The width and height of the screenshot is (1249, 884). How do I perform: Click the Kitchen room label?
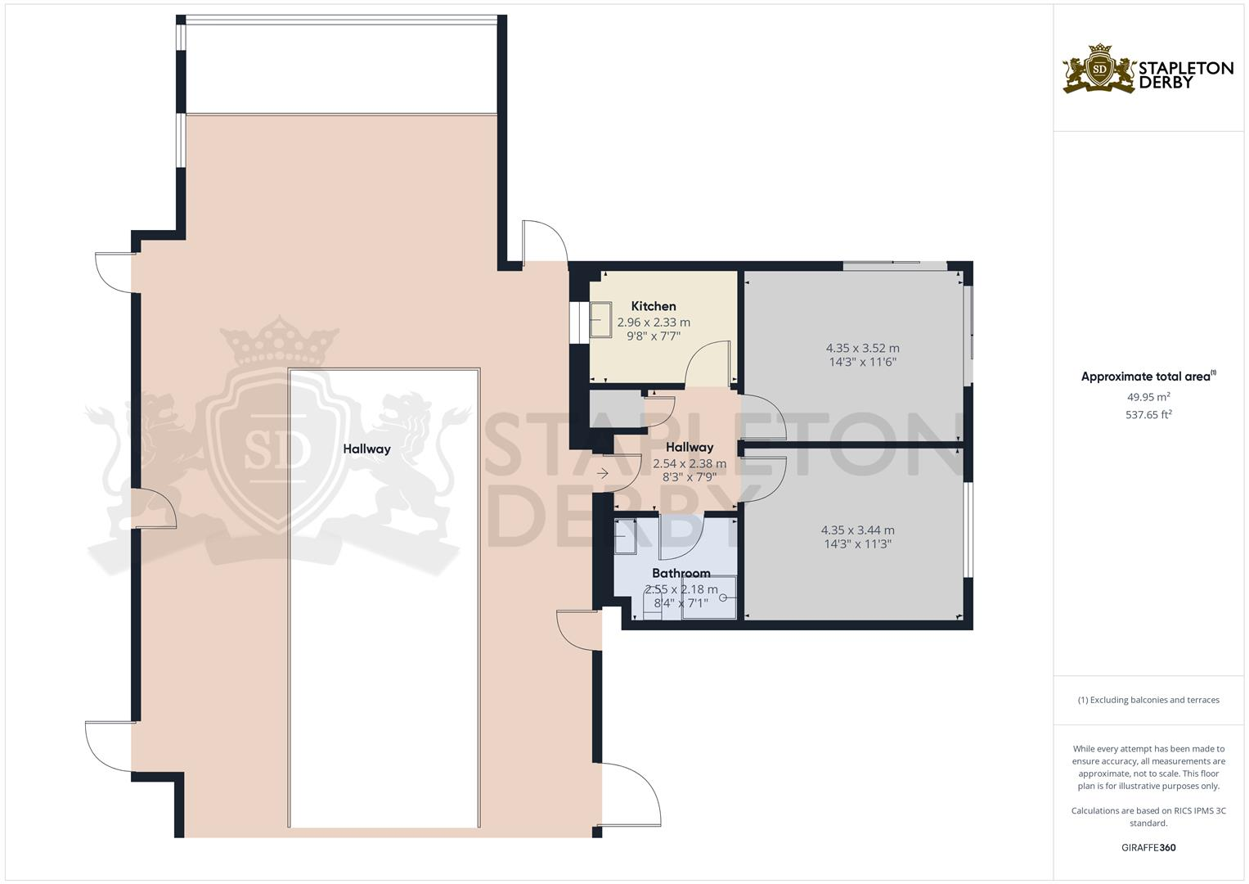pyautogui.click(x=654, y=306)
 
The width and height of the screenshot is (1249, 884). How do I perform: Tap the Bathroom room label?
pyautogui.click(x=681, y=573)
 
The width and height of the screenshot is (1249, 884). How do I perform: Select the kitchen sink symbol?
pyautogui.click(x=601, y=318)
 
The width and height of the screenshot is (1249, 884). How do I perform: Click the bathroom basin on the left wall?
pyautogui.click(x=628, y=536)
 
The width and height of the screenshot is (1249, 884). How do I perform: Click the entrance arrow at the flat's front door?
pyautogui.click(x=603, y=473)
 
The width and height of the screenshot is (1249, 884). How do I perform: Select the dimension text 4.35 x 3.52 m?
pyautogui.click(x=862, y=348)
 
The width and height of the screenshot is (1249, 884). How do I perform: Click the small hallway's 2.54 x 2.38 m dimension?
pyautogui.click(x=689, y=463)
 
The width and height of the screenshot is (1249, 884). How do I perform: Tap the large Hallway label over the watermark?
pyautogui.click(x=366, y=449)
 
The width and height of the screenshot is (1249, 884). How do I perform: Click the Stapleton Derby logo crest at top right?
pyautogui.click(x=1099, y=70)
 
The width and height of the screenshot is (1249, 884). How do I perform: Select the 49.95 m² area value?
pyautogui.click(x=1148, y=397)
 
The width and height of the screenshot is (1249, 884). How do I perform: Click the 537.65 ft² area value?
pyautogui.click(x=1148, y=415)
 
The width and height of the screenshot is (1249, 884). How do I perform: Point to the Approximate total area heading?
pyautogui.click(x=1148, y=377)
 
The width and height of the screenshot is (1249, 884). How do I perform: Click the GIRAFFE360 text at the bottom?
pyautogui.click(x=1148, y=847)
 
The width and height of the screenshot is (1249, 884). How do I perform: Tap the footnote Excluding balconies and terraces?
pyautogui.click(x=1148, y=700)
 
